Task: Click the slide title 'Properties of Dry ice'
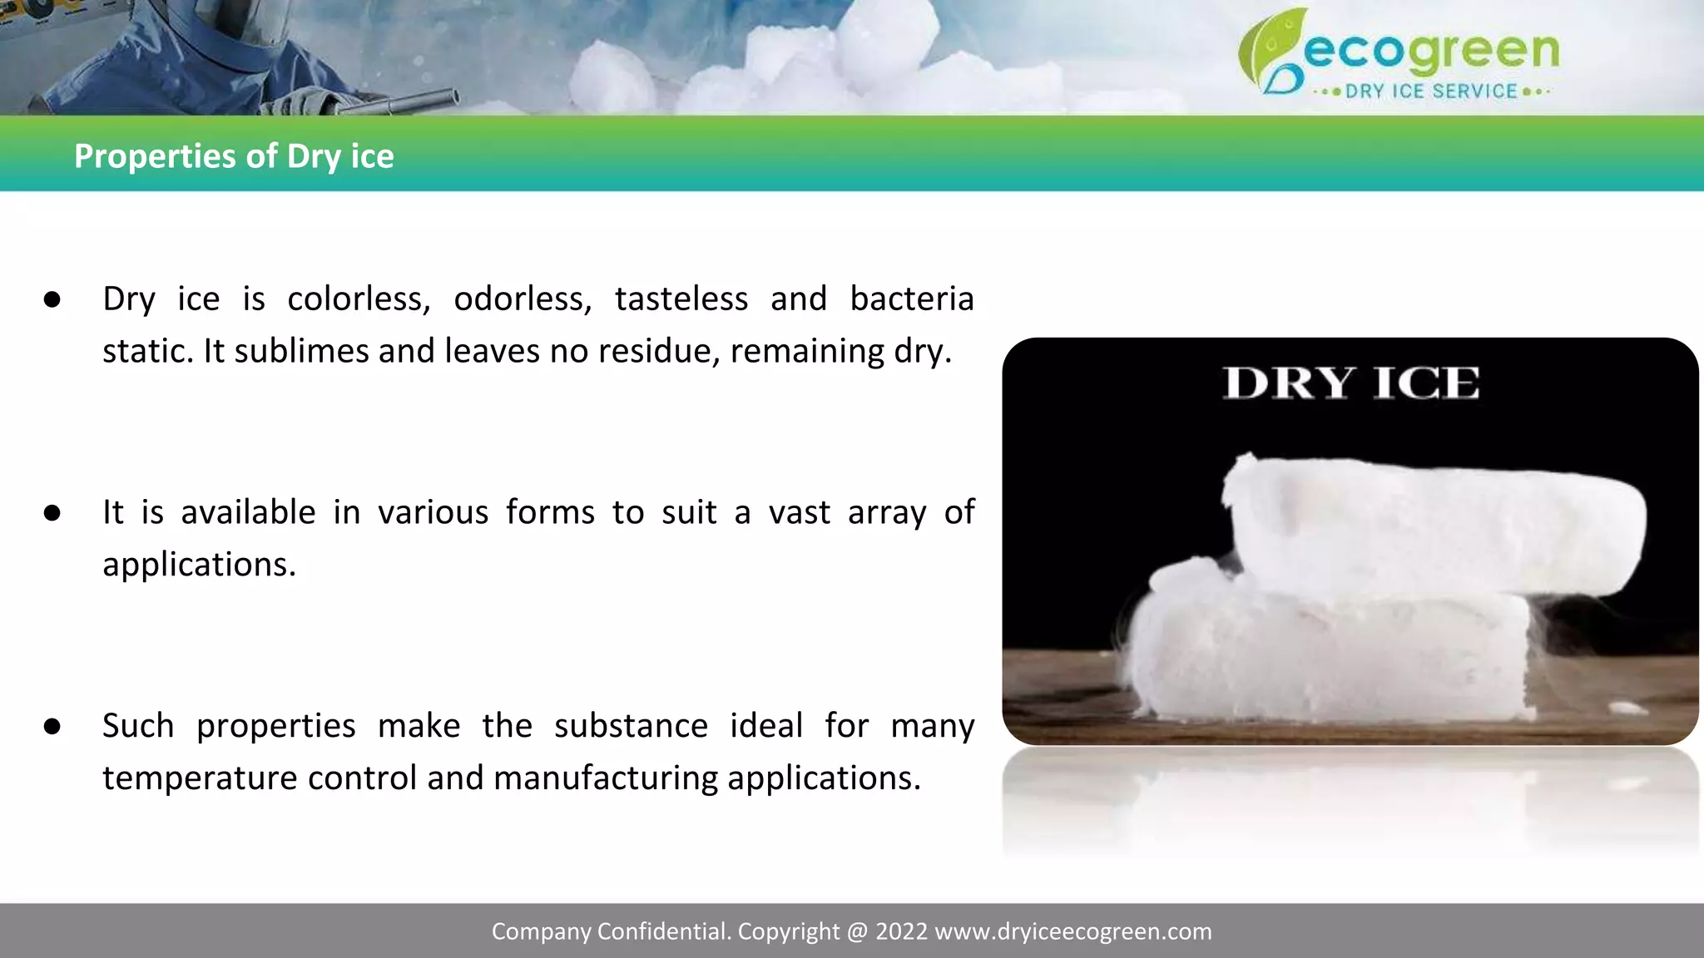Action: click(234, 156)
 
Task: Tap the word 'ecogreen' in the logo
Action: click(1431, 52)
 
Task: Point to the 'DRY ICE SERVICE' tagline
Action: click(1431, 91)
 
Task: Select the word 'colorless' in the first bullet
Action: click(358, 299)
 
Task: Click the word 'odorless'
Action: click(522, 299)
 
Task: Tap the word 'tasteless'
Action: click(681, 299)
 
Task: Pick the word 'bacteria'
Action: click(911, 299)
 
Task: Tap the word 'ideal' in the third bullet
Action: click(765, 725)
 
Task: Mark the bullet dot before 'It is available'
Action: click(52, 513)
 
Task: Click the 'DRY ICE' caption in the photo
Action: click(1351, 383)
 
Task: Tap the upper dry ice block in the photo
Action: click(1431, 524)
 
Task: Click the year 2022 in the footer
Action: click(901, 931)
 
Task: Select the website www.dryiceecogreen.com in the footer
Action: click(1073, 931)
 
